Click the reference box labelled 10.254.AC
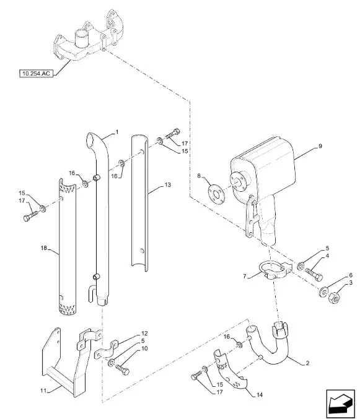coord(36,74)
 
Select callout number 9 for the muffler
coord(320,146)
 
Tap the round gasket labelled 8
coord(216,193)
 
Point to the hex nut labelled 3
coord(334,298)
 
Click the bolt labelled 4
coord(314,275)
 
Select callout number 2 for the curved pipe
coord(307,363)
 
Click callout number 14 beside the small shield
coord(260,395)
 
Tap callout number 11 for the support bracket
coord(43,391)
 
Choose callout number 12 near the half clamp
coord(144,334)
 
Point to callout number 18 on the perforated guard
coord(44,248)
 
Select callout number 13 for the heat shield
coord(167,185)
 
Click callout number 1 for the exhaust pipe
coord(116,132)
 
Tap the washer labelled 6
coord(323,292)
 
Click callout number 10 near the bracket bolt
coord(144,348)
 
